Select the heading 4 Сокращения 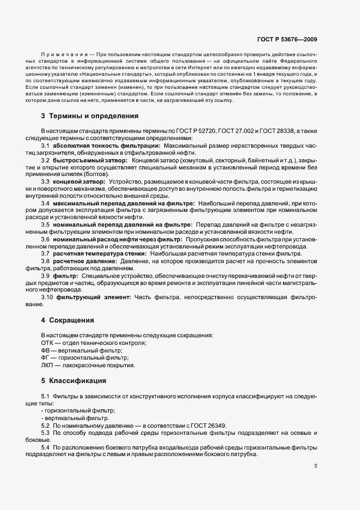point(68,320)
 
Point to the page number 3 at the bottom point(316,465)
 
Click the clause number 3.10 point(47,296)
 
